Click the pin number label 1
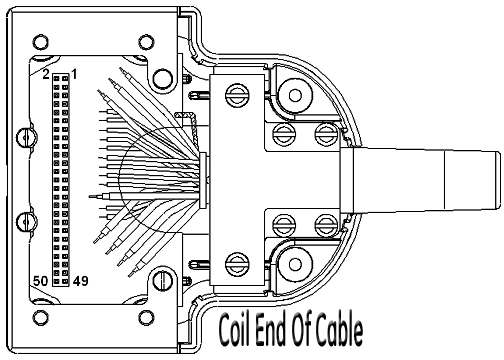click(x=74, y=74)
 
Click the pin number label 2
click(x=46, y=74)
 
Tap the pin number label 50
click(x=40, y=281)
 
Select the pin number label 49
click(x=81, y=281)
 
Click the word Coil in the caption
click(x=234, y=329)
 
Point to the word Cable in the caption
click(x=339, y=329)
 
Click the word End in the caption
click(x=271, y=329)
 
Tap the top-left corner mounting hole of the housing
click(x=41, y=42)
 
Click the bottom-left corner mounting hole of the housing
click(x=41, y=318)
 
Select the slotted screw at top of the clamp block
click(x=237, y=96)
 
